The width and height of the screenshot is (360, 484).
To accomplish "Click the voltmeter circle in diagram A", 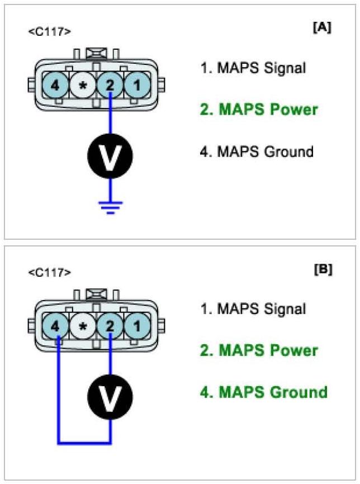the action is [111, 158].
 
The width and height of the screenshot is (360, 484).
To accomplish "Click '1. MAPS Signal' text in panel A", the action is [253, 69].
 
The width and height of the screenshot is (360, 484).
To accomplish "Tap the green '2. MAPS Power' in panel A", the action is [259, 110].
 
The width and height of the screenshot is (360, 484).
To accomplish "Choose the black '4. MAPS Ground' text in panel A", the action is [257, 151].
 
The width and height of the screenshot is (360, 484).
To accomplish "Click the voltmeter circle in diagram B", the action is [111, 397].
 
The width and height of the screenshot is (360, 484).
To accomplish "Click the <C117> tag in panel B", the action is [49, 273].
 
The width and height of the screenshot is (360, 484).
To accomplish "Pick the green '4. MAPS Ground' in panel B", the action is [263, 392].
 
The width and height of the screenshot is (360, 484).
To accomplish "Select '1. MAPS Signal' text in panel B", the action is [253, 309].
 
